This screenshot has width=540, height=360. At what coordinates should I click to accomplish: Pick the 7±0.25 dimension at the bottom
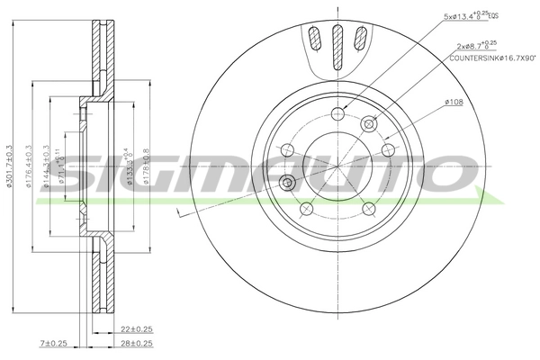[54, 344]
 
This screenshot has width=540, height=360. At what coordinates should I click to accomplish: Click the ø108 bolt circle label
[454, 103]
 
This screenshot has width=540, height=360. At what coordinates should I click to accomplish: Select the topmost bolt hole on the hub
[338, 112]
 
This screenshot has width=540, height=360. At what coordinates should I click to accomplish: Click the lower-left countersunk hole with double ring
[288, 183]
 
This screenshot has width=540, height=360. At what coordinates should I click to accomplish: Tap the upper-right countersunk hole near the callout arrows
[367, 124]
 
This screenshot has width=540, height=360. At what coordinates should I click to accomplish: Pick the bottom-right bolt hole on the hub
[369, 209]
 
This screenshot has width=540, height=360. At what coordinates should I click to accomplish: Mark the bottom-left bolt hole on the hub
[306, 209]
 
